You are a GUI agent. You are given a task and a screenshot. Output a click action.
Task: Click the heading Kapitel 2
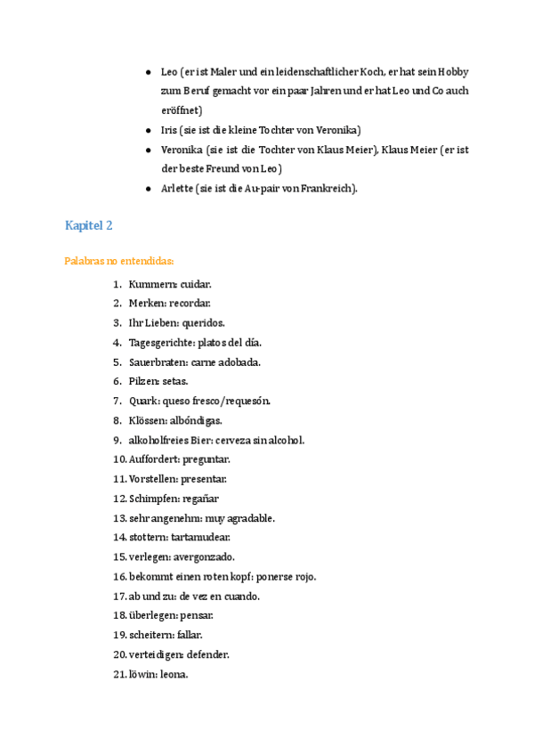click(x=88, y=226)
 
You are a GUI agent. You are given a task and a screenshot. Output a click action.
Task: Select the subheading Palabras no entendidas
click(x=118, y=261)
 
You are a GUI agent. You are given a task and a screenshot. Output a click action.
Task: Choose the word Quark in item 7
click(x=142, y=401)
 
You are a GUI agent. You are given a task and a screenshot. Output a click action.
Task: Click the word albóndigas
click(x=196, y=420)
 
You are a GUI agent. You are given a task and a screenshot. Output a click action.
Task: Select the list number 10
click(x=119, y=459)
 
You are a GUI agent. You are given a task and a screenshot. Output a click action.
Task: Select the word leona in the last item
click(x=174, y=674)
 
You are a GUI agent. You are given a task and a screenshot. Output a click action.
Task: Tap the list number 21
click(x=119, y=674)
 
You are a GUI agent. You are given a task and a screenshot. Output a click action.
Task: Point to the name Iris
click(x=169, y=130)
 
